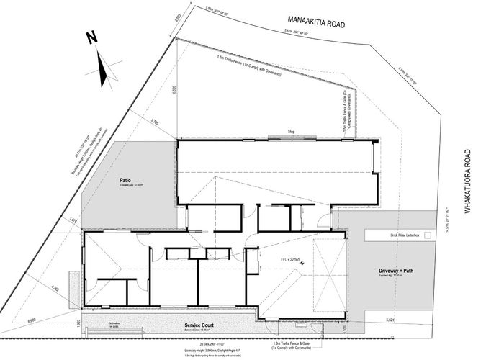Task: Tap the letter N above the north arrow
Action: click(91, 38)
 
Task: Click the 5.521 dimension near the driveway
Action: click(410, 319)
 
